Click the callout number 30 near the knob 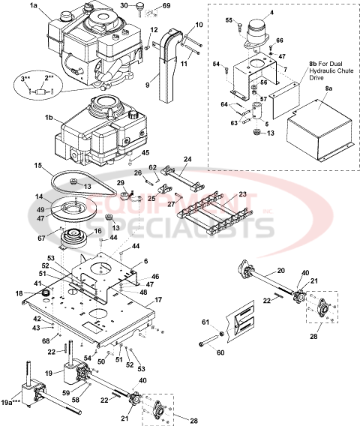(145, 5)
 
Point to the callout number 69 (166, 6)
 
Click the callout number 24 (187, 159)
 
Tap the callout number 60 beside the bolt (221, 351)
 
